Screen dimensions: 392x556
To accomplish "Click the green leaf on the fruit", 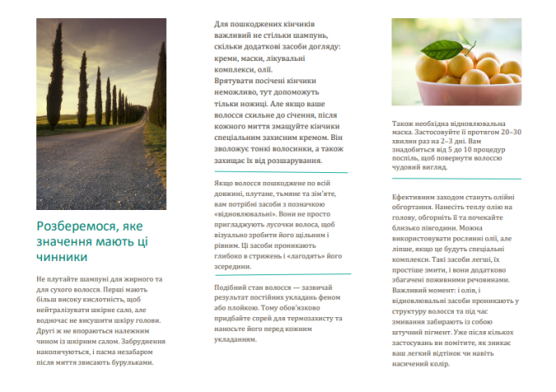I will pyautogui.click(x=466, y=42).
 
